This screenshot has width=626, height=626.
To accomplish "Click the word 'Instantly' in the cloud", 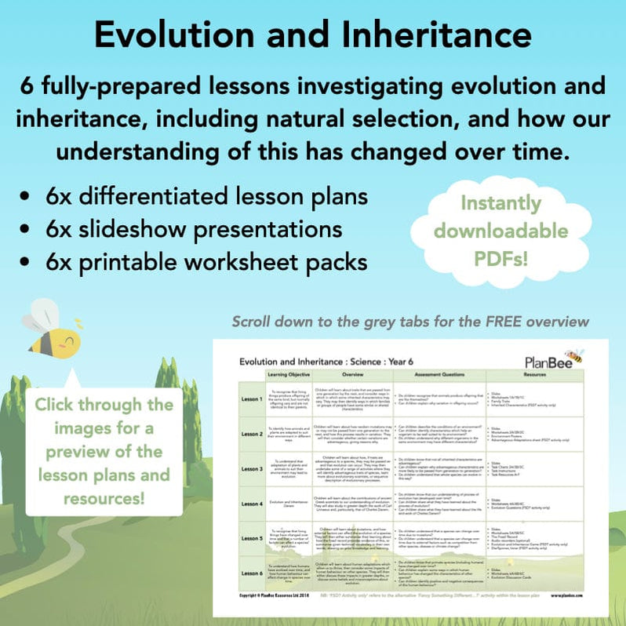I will pyautogui.click(x=500, y=203).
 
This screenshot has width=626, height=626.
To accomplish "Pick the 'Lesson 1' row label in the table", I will pyautogui.click(x=251, y=397).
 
